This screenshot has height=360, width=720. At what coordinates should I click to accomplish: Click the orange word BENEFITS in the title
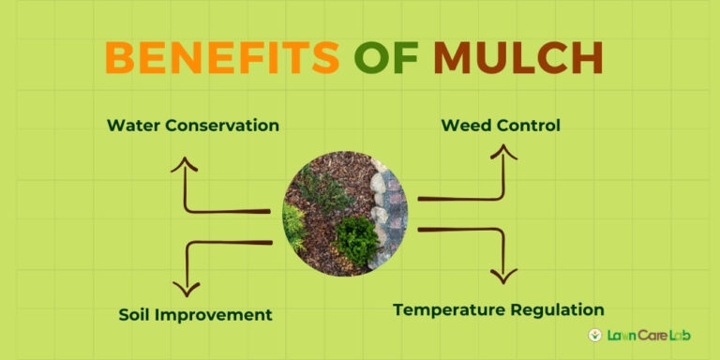(221, 58)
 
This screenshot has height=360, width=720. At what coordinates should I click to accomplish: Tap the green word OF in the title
(385, 58)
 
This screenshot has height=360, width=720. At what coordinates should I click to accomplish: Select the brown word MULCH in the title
(517, 58)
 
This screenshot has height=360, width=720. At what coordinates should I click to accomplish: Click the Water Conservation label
(192, 125)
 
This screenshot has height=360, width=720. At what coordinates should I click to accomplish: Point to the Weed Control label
(501, 125)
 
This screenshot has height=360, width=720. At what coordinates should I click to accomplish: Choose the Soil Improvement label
(195, 314)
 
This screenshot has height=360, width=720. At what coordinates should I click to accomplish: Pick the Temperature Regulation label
(498, 309)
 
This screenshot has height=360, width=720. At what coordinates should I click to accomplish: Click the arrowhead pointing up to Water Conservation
(184, 166)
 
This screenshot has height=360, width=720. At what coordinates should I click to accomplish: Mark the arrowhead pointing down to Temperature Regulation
(504, 277)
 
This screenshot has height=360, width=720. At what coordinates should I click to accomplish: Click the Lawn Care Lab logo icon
(594, 335)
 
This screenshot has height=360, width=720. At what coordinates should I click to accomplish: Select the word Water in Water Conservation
(131, 125)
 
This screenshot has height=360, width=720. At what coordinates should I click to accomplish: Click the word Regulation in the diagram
(560, 309)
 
